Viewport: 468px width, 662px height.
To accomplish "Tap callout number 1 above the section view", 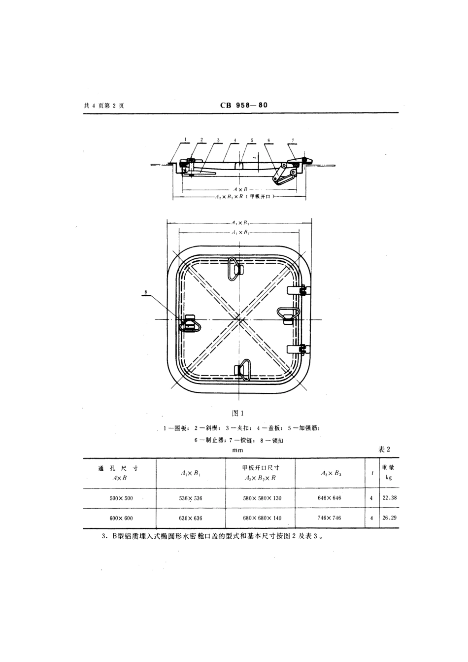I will coord(186,140).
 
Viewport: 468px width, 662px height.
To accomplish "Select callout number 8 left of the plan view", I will coord(146,292).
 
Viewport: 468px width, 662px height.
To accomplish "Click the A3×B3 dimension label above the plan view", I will coord(240,223).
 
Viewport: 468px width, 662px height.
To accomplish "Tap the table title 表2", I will coord(384,450).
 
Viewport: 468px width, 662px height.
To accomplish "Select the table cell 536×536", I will coord(191,498).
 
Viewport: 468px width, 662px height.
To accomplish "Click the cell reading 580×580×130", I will coord(262,498).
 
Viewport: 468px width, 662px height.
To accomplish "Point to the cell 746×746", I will coord(330,518).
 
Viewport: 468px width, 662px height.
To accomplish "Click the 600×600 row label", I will coord(121,518).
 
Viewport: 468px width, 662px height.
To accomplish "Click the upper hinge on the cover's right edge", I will coord(301,291).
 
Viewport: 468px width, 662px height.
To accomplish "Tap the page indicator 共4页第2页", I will coord(104,105).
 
